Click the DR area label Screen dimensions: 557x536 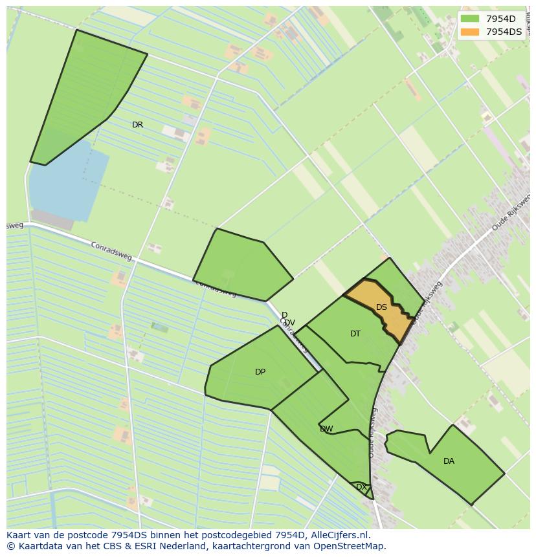click(137, 125)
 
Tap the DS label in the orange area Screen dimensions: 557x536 click(381, 307)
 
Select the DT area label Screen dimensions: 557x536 click(355, 334)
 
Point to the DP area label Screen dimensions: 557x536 click(260, 372)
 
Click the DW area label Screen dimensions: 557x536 click(326, 429)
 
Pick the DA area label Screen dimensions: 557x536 click(449, 461)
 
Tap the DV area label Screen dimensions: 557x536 click(290, 323)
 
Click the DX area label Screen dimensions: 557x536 click(361, 486)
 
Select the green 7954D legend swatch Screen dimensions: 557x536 click(470, 19)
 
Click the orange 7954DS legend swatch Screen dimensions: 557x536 click(470, 32)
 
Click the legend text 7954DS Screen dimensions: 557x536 click(504, 32)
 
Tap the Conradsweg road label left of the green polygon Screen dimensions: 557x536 click(111, 252)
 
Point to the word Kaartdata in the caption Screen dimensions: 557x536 click(34, 546)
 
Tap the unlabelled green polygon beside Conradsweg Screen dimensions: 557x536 click(243, 265)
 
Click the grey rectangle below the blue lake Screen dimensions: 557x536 click(52, 219)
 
